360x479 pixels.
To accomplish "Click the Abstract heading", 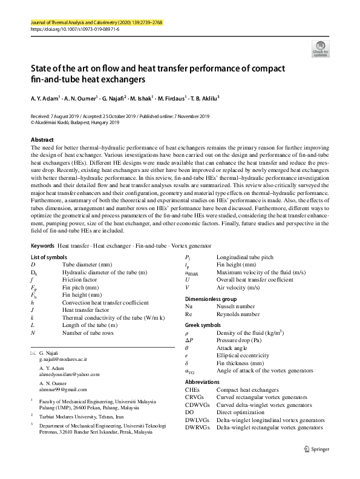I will coord(42,139).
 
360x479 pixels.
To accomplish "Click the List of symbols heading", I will coord(49,257).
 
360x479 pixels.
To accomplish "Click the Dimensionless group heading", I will coord(211,299).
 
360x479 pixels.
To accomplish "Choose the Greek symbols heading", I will coord(203,325).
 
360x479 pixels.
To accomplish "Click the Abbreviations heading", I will coord(203,382).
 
